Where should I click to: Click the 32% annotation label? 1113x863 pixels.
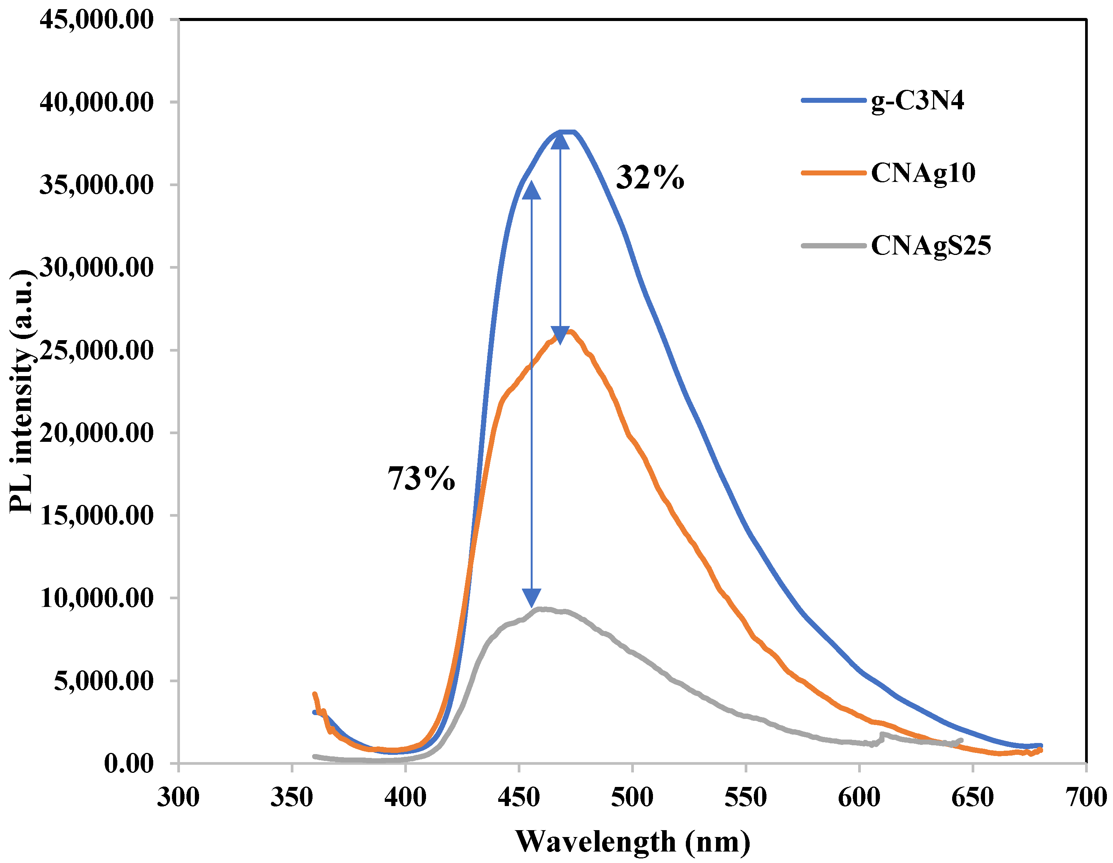pyautogui.click(x=650, y=178)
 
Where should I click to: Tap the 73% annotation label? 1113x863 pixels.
pyautogui.click(x=421, y=479)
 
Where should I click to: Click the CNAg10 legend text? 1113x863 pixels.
pyautogui.click(x=923, y=173)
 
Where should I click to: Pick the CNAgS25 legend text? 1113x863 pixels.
pyautogui.click(x=931, y=246)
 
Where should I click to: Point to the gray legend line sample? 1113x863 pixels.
pyautogui.click(x=833, y=246)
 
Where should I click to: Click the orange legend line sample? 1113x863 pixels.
pyautogui.click(x=833, y=173)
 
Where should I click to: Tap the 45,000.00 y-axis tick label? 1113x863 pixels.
pyautogui.click(x=96, y=20)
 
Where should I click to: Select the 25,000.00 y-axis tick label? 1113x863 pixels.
pyautogui.click(x=96, y=350)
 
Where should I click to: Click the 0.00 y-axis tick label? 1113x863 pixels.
pyautogui.click(x=128, y=764)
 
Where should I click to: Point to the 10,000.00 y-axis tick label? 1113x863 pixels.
pyautogui.click(x=96, y=598)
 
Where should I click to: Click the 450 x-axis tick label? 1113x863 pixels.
pyautogui.click(x=519, y=797)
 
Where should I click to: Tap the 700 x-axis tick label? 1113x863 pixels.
pyautogui.click(x=1086, y=797)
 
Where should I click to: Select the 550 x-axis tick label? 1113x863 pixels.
pyautogui.click(x=745, y=797)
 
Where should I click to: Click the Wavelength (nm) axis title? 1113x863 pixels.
pyautogui.click(x=632, y=842)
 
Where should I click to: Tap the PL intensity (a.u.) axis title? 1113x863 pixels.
pyautogui.click(x=21, y=391)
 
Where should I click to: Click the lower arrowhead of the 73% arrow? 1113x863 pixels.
pyautogui.click(x=531, y=597)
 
